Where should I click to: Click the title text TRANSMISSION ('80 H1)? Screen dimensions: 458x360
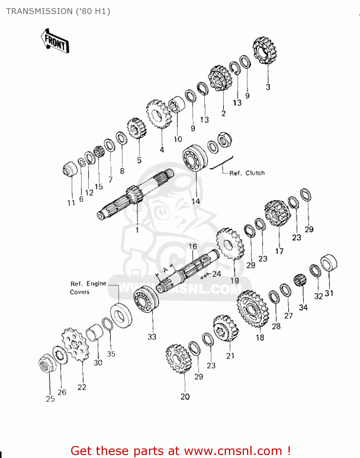point(58,11)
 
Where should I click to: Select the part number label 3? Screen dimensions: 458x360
point(268,87)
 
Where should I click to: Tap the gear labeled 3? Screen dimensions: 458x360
point(264,50)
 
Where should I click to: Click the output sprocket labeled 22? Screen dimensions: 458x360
point(75,344)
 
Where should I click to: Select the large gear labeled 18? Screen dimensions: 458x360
point(253,309)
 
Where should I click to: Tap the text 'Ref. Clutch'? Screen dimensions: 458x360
point(247,173)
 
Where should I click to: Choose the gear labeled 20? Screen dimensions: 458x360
point(178,359)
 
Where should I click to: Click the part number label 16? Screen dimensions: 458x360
point(192,247)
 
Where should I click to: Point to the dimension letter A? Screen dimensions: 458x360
point(165,270)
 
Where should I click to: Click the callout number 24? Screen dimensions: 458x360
point(216,274)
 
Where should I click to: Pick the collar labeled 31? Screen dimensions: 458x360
point(329,263)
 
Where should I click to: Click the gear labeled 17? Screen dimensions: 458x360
point(277,213)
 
